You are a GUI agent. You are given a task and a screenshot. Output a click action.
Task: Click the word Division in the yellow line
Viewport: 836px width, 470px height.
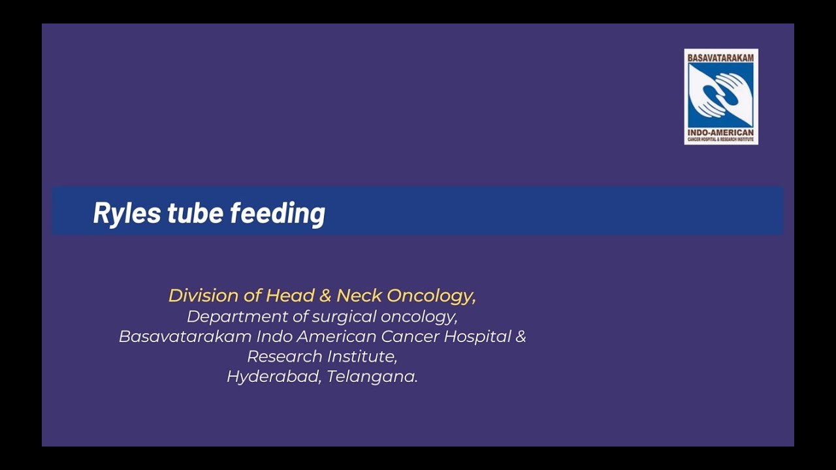[203, 296]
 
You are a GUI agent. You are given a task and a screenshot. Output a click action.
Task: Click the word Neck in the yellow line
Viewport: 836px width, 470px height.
[359, 296]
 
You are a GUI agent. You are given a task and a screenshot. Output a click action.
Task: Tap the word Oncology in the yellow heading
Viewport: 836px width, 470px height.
[430, 296]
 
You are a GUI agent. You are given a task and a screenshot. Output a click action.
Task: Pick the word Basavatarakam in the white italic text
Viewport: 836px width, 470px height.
[185, 337]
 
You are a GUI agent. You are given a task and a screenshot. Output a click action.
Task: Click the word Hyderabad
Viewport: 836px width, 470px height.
[274, 377]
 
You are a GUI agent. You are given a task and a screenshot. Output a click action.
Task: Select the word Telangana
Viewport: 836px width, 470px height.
[372, 377]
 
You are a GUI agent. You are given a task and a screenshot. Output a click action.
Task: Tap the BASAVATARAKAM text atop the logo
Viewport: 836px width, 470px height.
[720, 57]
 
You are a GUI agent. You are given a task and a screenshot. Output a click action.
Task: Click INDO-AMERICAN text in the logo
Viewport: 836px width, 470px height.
[720, 133]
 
